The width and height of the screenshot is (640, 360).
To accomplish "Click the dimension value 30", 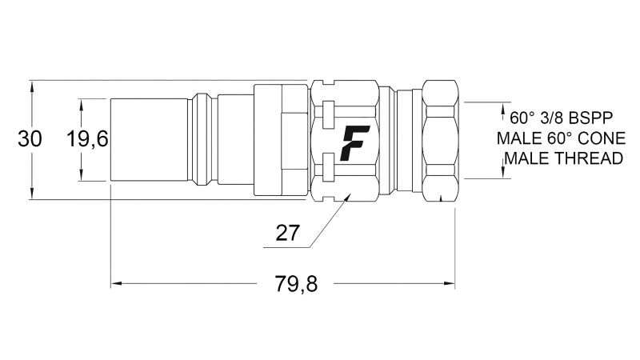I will (x=30, y=138).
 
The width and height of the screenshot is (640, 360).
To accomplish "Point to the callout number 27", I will (x=287, y=234).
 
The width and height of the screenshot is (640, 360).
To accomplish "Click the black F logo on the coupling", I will (x=354, y=143).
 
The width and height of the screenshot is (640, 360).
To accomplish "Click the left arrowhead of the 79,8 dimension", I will (x=114, y=283).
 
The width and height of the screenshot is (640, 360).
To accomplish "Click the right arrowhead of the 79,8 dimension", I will (x=450, y=283).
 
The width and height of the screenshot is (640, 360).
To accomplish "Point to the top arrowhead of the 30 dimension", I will (x=31, y=84).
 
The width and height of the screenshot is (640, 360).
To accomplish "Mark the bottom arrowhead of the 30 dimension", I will (x=31, y=194).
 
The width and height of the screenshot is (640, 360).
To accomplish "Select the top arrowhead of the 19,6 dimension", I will (x=82, y=102).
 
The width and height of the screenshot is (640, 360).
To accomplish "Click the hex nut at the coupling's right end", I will (x=439, y=139).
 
